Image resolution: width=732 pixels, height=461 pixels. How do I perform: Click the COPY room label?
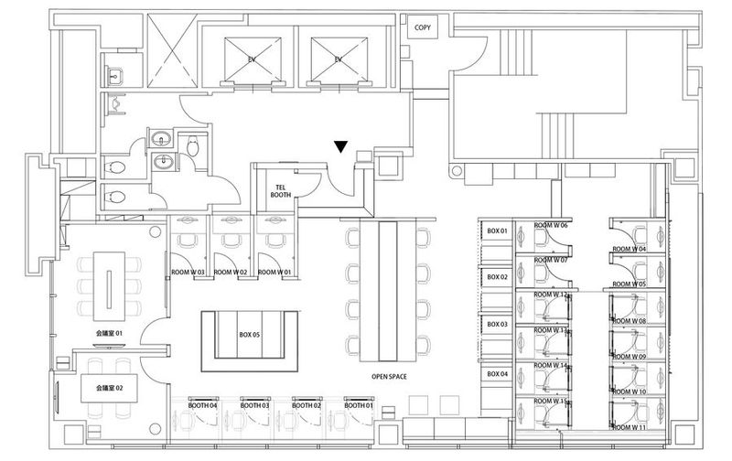tap(423, 27)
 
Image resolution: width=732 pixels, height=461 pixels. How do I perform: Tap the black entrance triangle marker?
tap(340, 146)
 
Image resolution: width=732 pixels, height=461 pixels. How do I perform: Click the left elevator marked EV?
tap(251, 59)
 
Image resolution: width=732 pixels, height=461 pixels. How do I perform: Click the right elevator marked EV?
tap(338, 59)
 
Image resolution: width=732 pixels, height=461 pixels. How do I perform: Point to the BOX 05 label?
tap(250, 336)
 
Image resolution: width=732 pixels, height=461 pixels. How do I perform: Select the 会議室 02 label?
tap(107, 389)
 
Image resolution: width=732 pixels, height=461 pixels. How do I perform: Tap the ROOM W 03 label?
tap(188, 273)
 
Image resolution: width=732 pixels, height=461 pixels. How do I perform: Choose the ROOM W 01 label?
tap(274, 273)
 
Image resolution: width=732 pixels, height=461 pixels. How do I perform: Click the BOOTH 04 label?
tap(202, 404)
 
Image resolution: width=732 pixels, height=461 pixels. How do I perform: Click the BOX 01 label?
tap(497, 230)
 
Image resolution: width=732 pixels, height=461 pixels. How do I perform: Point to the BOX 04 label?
tap(497, 374)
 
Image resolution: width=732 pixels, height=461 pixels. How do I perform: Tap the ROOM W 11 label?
tap(629, 427)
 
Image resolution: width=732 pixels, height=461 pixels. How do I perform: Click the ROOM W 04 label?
tap(629, 249)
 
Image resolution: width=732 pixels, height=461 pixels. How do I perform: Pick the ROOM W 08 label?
tap(629, 321)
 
